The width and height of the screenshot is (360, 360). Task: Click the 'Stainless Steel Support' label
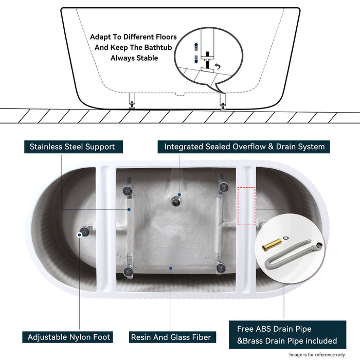pyautogui.click(x=72, y=147)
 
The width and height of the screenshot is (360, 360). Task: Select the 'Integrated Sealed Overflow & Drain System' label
pyautogui.click(x=244, y=147)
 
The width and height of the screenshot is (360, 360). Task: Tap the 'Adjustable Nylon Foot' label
pyautogui.click(x=69, y=337)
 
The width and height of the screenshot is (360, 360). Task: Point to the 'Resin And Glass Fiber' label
pyautogui.click(x=171, y=337)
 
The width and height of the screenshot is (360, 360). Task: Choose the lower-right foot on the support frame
pyautogui.click(x=221, y=266)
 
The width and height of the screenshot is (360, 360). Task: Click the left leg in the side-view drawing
pyautogui.click(x=132, y=100)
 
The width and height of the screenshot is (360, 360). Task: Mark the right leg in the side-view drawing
pyautogui.click(x=222, y=100)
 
